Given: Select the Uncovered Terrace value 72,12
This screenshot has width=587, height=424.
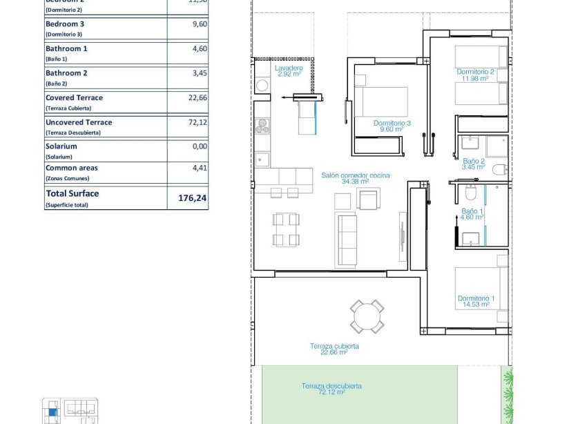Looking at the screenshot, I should pos(198,122).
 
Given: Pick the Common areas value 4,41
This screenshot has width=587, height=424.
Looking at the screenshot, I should pos(199,167).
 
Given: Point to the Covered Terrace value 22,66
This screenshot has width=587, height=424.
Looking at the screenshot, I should pos(198,98).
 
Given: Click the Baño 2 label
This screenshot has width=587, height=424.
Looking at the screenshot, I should pos(473,164).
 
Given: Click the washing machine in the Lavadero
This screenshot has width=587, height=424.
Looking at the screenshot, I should pos(262,86).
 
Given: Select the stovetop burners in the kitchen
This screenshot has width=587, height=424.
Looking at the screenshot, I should pos(262,126).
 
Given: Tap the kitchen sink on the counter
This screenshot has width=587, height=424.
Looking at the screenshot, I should pos(262,160).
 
